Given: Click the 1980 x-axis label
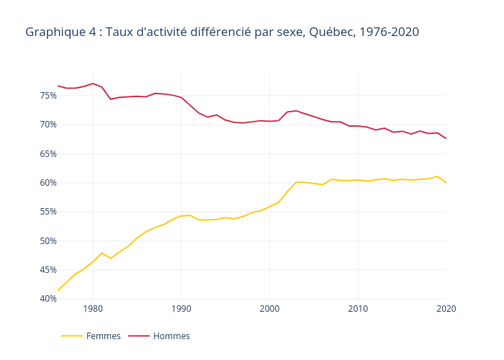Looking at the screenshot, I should [93, 309].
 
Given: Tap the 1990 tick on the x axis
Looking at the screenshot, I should [181, 309].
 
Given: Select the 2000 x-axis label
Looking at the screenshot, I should [269, 309].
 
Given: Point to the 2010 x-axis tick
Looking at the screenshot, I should [358, 309].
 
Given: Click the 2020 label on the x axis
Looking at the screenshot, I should [446, 309].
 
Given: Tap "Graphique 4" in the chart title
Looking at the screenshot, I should [61, 32].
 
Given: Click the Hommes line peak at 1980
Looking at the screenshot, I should [93, 84].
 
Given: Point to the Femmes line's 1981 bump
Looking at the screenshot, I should [102, 253].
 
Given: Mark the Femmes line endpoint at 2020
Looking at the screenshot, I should [446, 183].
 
